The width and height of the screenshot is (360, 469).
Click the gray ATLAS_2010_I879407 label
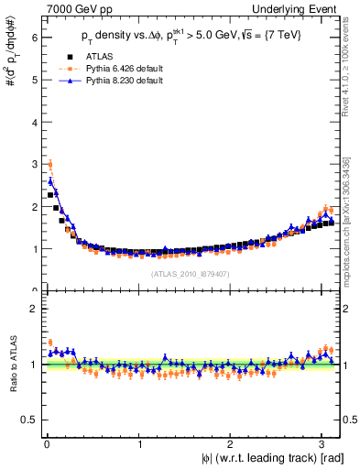coord(189,273)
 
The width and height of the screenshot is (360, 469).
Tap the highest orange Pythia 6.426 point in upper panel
coord(49,165)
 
